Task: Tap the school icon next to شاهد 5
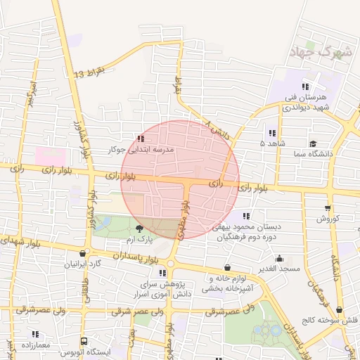point(271,133)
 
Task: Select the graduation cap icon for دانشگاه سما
point(313,143)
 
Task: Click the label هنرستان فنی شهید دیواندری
point(304,103)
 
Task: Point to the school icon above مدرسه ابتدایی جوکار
point(141,139)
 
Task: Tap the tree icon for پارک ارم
point(139,228)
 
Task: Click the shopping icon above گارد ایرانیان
point(84,254)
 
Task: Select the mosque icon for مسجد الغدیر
point(279,258)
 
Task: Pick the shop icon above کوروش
point(328,207)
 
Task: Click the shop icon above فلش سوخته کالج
point(340,309)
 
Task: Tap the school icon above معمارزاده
point(34,333)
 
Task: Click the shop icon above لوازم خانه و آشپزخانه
point(227,267)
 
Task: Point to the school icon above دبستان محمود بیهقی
point(246,216)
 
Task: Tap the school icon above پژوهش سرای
point(162,273)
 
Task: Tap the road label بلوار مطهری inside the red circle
point(185,219)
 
